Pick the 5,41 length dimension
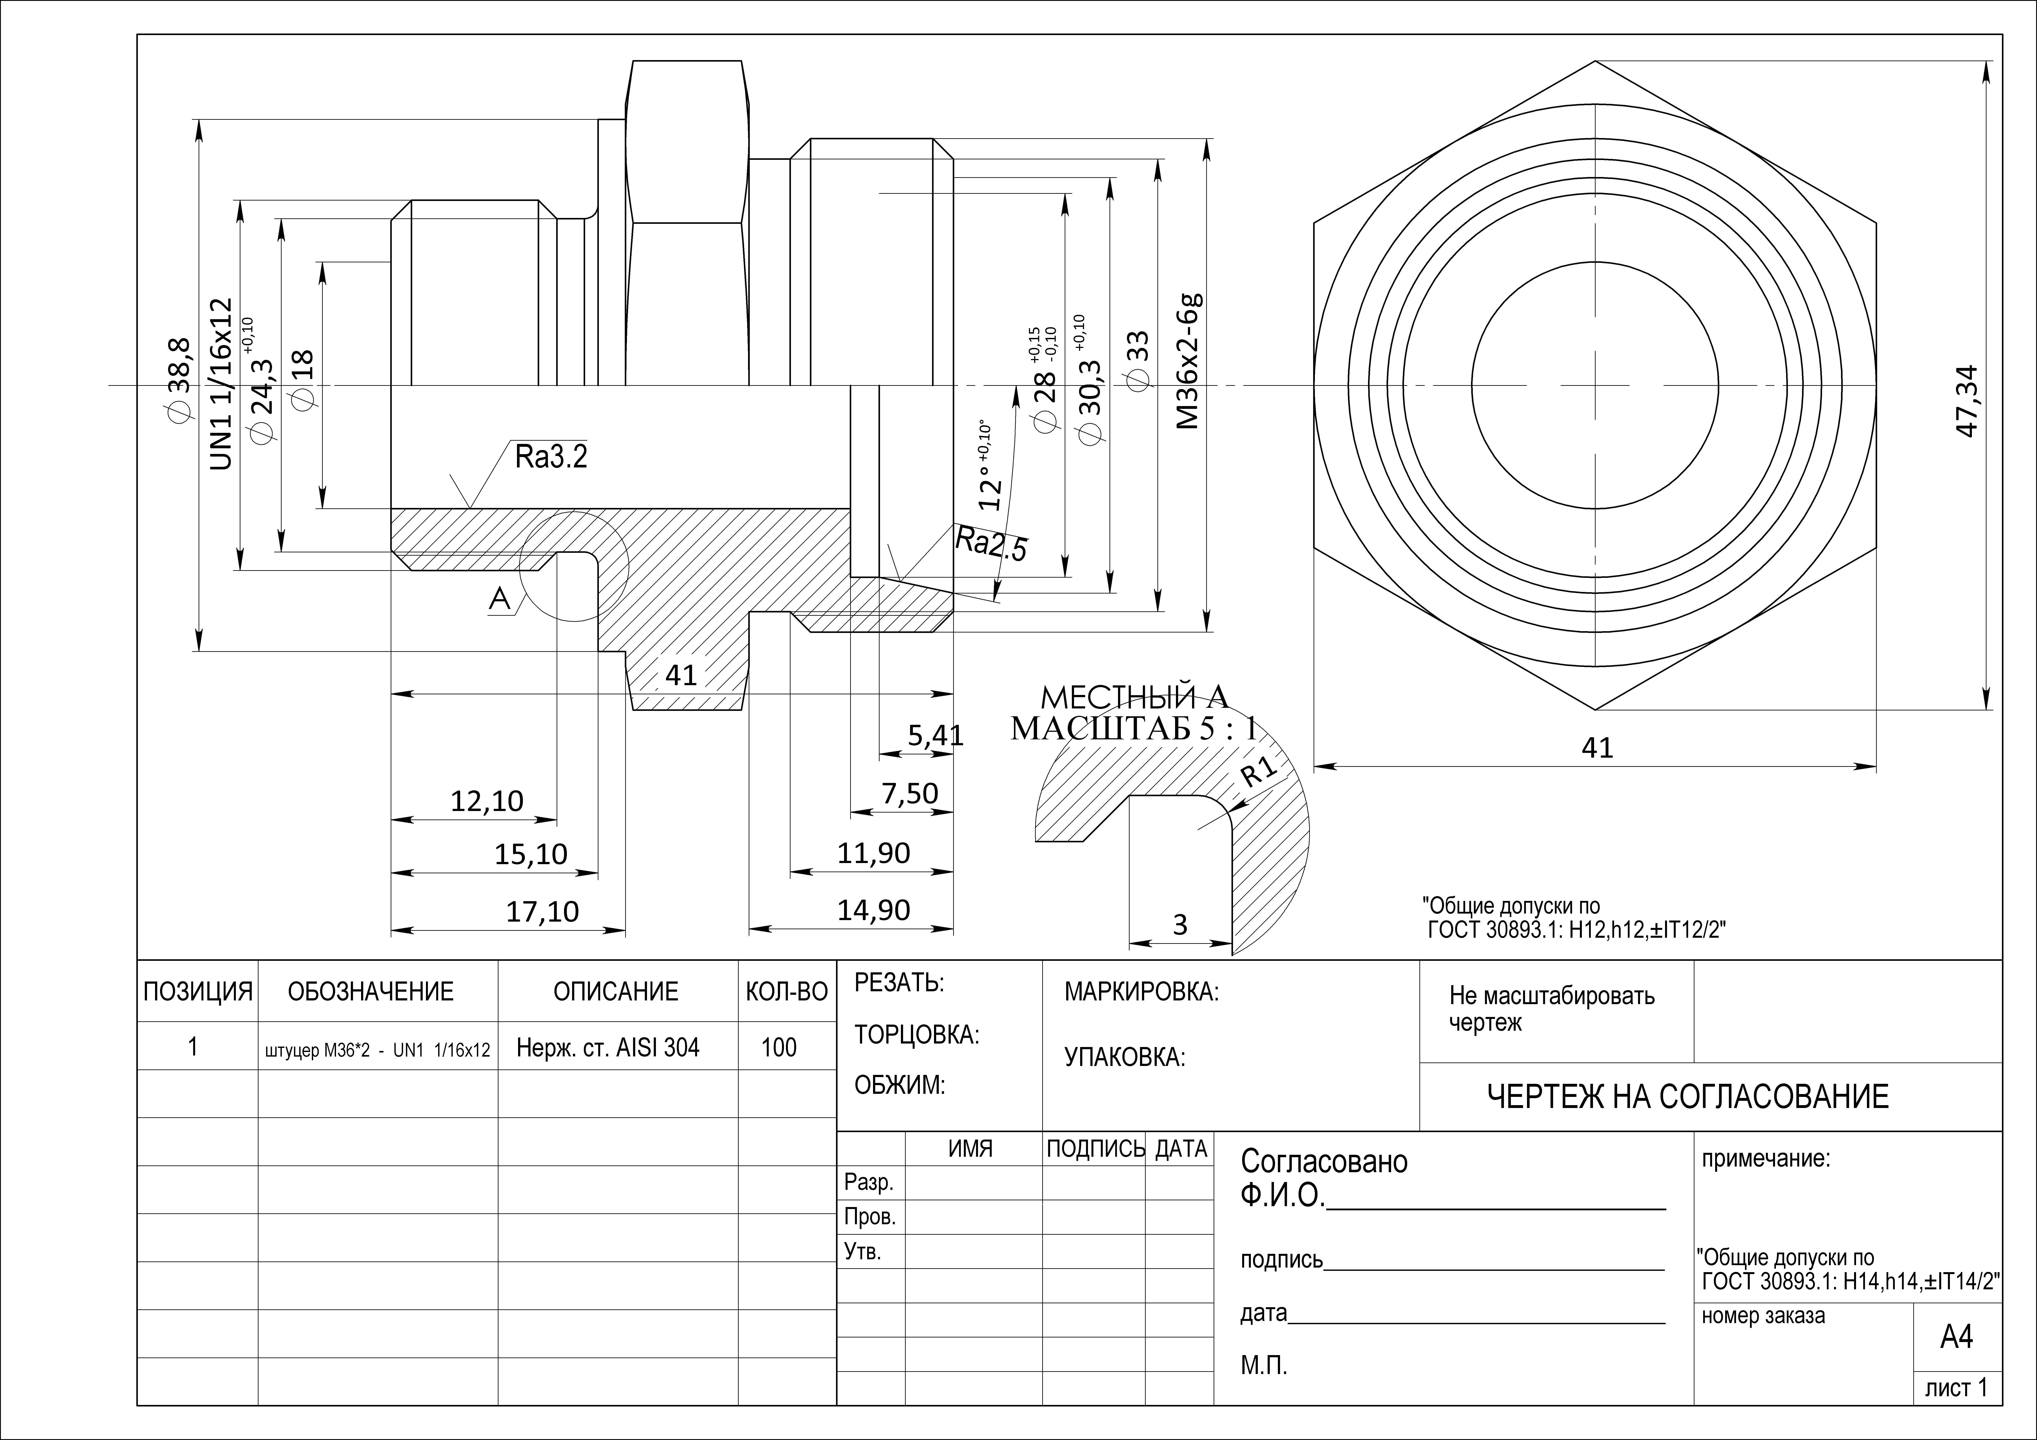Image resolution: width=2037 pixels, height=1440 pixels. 935,735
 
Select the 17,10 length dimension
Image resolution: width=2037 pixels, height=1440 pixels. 542,911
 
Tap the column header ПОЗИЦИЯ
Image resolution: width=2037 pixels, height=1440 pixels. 198,991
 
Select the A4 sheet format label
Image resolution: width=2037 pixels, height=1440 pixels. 1956,1336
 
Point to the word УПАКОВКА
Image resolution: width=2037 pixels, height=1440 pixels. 1125,1058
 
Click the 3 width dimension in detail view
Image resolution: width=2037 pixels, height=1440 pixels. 1180,924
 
